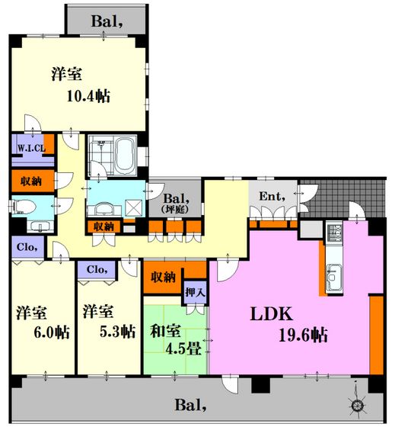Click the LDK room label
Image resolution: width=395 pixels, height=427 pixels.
pyautogui.click(x=271, y=313)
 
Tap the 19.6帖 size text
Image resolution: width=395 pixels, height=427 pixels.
pyautogui.click(x=303, y=335)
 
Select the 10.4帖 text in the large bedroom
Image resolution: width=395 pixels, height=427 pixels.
pyautogui.click(x=88, y=96)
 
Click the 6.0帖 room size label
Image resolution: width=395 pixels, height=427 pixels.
pyautogui.click(x=52, y=332)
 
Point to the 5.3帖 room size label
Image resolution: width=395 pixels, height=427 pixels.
pyautogui.click(x=117, y=332)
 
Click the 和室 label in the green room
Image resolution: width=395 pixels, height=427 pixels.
pyautogui.click(x=165, y=331)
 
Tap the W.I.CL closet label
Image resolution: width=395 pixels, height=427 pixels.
pyautogui.click(x=31, y=149)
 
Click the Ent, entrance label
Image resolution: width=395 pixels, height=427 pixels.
pyautogui.click(x=272, y=197)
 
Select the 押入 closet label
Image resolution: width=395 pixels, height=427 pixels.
pyautogui.click(x=195, y=293)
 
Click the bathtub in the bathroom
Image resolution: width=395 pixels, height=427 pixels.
pyautogui.click(x=126, y=156)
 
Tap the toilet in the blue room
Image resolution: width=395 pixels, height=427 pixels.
pyautogui.click(x=24, y=207)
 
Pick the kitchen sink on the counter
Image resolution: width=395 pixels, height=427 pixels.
pyautogui.click(x=334, y=278)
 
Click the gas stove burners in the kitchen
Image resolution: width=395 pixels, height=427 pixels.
pyautogui.click(x=334, y=232)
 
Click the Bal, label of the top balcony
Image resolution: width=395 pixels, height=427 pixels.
pyautogui.click(x=107, y=21)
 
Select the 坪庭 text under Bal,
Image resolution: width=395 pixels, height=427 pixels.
pyautogui.click(x=175, y=210)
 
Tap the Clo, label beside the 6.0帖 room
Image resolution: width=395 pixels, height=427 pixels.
pyautogui.click(x=27, y=247)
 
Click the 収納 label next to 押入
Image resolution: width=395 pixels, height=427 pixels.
pyautogui.click(x=163, y=278)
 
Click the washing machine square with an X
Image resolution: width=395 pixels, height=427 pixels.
pyautogui.click(x=133, y=208)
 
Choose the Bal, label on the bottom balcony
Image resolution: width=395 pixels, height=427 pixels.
pyautogui.click(x=190, y=405)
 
